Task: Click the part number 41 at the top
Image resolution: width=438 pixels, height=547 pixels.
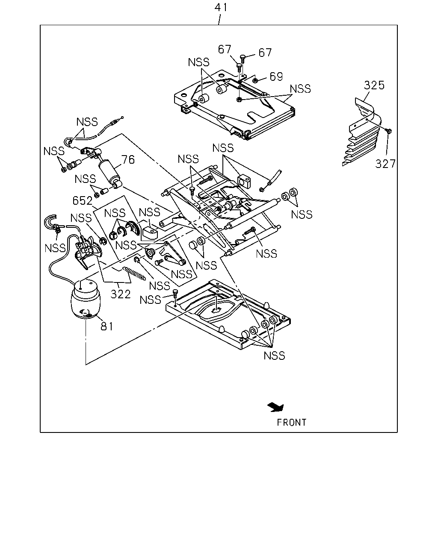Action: (x=221, y=7)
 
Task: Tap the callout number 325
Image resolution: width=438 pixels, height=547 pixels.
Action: (x=374, y=85)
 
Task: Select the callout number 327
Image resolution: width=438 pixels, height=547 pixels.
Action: (x=385, y=164)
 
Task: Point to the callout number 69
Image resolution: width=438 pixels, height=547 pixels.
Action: (x=276, y=76)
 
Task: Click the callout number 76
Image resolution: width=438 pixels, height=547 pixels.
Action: (x=128, y=160)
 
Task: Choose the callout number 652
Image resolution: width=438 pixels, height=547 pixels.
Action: (x=83, y=200)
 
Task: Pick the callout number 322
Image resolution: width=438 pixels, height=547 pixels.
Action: (x=121, y=294)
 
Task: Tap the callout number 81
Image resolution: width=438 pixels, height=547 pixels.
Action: (x=107, y=326)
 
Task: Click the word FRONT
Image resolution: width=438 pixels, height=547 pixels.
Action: (x=292, y=423)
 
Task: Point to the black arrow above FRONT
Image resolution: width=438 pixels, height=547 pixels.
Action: (x=276, y=407)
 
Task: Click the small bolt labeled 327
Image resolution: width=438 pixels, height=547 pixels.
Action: (x=389, y=131)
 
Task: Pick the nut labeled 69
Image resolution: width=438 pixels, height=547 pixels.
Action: (x=255, y=81)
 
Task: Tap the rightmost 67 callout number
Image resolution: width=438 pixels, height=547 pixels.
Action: (x=265, y=53)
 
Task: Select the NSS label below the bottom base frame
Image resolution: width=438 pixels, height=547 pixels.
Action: (x=274, y=356)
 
